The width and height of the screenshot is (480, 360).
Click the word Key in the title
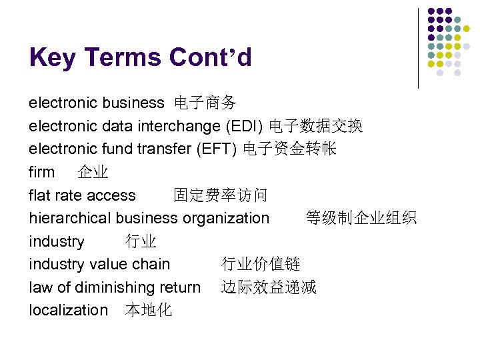52,58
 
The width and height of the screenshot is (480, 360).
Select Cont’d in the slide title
210,58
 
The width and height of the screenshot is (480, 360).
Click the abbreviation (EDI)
244,126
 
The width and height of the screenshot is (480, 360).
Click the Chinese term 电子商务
205,103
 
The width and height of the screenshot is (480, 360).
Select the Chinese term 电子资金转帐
289,149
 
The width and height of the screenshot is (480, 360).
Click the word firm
42,172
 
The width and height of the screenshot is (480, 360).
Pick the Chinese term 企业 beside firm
93,172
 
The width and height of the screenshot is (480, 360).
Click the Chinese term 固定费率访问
220,195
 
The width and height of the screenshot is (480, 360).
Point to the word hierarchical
71,218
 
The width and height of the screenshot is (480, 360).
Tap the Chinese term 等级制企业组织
361,218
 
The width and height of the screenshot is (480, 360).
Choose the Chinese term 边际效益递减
269,287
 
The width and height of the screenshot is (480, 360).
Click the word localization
68,310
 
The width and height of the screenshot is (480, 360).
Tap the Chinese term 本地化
148,310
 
